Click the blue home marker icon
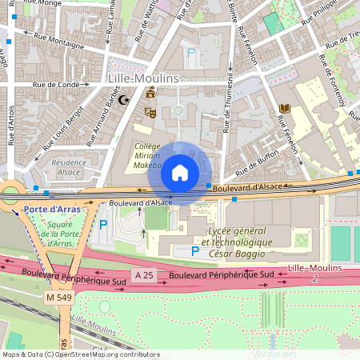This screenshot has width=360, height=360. click(180, 173)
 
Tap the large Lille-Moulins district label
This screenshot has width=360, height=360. click(143, 78)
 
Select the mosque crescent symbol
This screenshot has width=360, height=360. click(123, 100)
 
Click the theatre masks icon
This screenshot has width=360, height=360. click(149, 114)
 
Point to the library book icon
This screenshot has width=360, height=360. click(284, 108)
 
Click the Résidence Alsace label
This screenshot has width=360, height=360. click(68, 166)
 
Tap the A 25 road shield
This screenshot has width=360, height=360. click(143, 275)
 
